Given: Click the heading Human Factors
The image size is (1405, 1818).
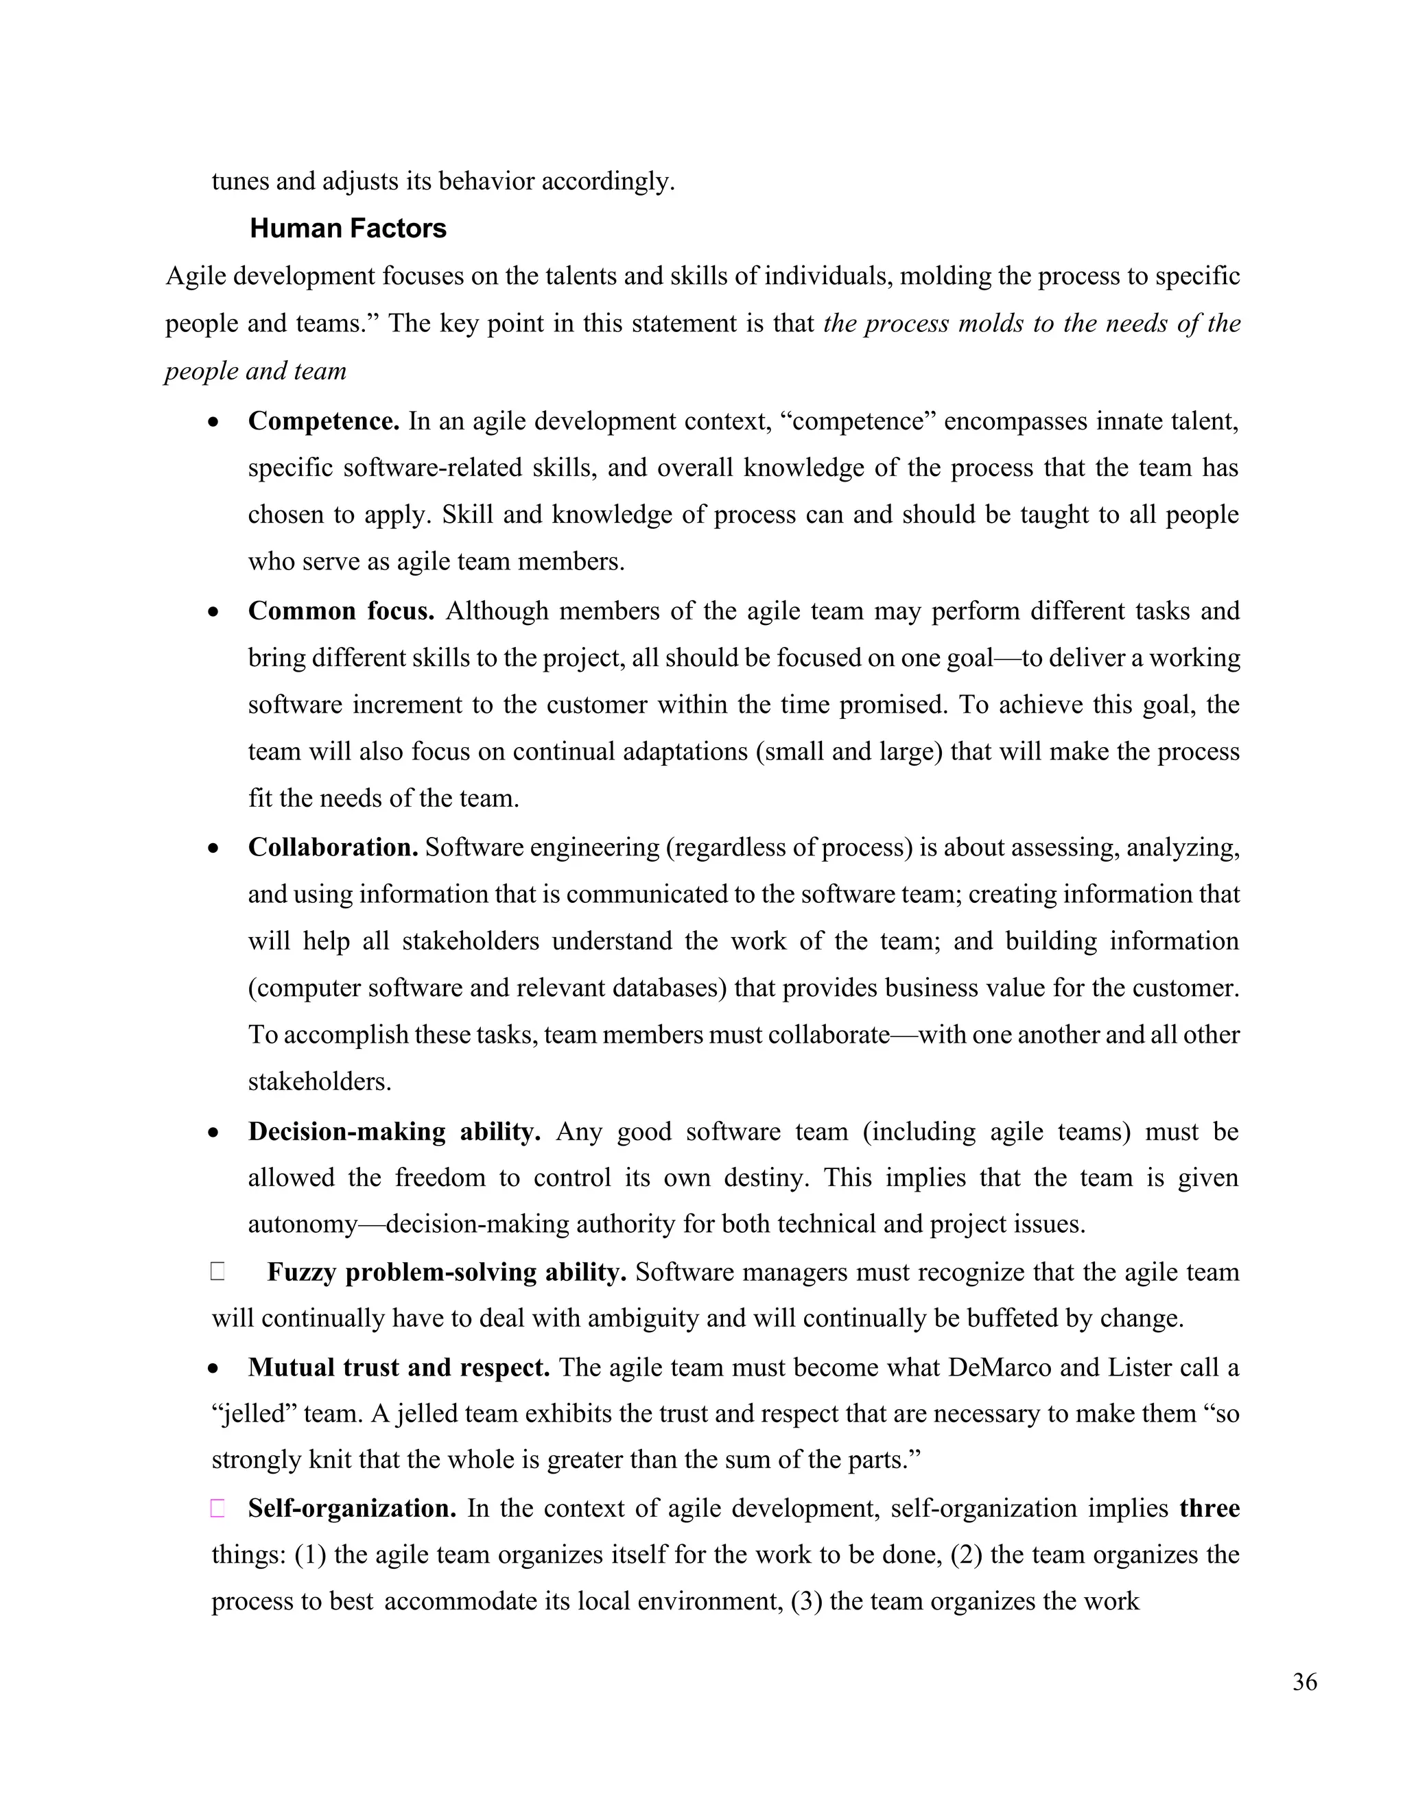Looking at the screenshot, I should pos(348,228).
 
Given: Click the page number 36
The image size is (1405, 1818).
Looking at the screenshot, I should pos(1304,1682).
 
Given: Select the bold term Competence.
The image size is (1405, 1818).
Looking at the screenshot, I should pos(324,421).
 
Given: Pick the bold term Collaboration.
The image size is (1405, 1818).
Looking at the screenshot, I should pos(333,847).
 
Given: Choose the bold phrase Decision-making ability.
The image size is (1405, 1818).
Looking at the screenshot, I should pos(394,1131).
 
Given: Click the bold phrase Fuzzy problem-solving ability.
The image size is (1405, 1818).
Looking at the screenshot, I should pos(446,1272).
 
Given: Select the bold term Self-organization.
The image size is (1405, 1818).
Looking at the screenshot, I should pos(352,1509).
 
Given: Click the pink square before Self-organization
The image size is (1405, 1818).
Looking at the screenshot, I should pos(217,1509).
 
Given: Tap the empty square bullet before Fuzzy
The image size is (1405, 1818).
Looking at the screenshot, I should pos(217,1272).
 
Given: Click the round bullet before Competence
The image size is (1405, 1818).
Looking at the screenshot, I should pos(215,423).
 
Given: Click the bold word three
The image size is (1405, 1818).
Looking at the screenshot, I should pos(1209,1509).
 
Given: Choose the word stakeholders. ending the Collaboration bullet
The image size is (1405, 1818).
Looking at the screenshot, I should pos(320,1081).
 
